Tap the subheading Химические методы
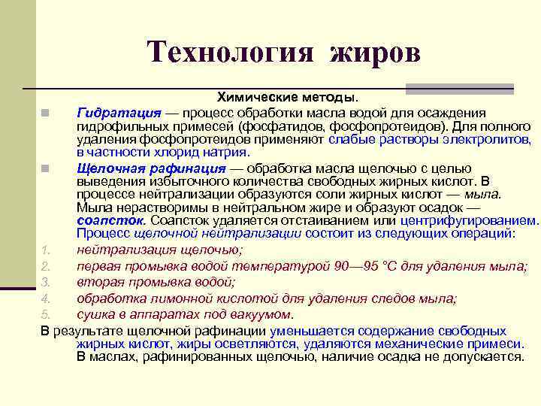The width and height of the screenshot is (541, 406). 288,97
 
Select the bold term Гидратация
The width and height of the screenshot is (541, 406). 118,112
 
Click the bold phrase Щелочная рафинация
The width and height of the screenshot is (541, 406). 150,167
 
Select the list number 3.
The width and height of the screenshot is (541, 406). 45,282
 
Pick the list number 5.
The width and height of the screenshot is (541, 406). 45,314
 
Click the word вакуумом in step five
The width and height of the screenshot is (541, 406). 264,314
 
